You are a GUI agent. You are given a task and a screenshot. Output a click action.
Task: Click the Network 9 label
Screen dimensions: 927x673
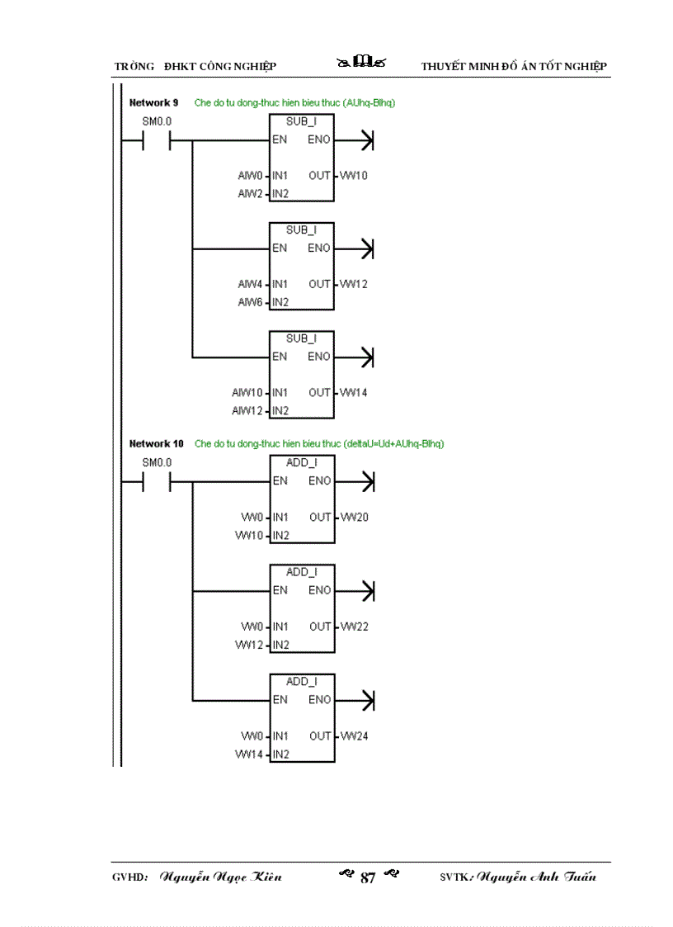[153, 103]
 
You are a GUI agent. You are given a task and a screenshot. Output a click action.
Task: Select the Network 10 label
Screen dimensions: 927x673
[157, 443]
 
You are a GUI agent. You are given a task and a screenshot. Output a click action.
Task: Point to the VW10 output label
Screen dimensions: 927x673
[354, 176]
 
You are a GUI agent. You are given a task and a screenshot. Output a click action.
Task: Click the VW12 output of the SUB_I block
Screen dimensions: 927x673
[354, 284]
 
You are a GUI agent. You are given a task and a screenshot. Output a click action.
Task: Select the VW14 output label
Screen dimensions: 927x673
[354, 392]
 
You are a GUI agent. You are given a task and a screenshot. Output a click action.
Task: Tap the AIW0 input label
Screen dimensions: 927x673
[250, 176]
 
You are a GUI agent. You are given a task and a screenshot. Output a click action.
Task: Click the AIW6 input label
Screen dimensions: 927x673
[250, 302]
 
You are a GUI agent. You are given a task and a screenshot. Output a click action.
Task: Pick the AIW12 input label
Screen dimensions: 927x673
[247, 410]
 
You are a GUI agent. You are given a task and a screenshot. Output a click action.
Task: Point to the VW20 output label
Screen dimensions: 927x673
[354, 518]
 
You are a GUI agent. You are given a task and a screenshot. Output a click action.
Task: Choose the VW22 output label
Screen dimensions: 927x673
[354, 627]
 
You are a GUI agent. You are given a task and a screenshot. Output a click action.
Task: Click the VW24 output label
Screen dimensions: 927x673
[354, 735]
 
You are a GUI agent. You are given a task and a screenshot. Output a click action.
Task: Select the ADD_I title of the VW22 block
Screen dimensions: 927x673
[302, 572]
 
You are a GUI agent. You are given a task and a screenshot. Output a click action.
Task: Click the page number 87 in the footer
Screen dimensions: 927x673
[368, 877]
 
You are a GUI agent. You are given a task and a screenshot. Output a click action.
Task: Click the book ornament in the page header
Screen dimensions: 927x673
[362, 63]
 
